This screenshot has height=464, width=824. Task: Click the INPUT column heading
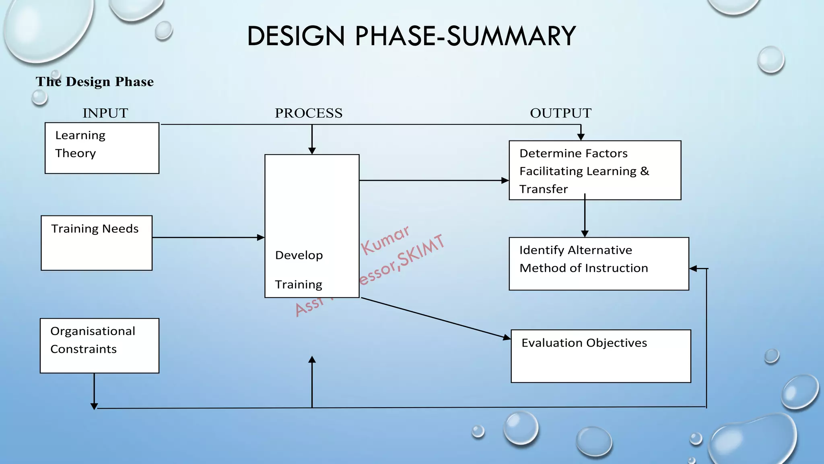[x=105, y=113]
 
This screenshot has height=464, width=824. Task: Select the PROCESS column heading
[x=309, y=113]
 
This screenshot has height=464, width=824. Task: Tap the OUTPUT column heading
[x=560, y=113]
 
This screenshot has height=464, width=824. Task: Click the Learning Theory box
[x=102, y=148]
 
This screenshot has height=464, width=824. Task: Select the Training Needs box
[x=97, y=243]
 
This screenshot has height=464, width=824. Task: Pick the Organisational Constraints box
[x=99, y=346]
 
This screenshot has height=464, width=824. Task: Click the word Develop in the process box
[x=299, y=255]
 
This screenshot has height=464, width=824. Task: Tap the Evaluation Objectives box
[x=601, y=356]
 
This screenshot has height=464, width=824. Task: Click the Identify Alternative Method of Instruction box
[x=599, y=264]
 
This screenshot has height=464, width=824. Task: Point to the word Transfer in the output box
[x=544, y=189]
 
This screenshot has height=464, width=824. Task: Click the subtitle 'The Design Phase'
[x=95, y=82]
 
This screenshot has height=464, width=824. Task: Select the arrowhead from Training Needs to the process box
[x=261, y=238]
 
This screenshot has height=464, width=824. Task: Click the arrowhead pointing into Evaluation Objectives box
[x=507, y=337]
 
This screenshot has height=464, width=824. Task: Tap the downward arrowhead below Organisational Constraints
[x=94, y=406]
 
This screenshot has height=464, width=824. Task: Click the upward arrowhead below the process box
[x=312, y=360]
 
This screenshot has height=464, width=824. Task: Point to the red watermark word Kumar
[x=385, y=240]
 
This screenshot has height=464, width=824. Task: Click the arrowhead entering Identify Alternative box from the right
[x=693, y=268]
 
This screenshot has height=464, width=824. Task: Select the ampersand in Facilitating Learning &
[x=645, y=171]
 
